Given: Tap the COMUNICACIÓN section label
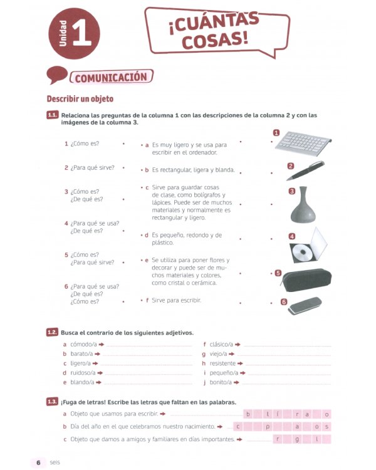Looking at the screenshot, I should coord(112,78).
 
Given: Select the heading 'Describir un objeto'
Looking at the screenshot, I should coord(80,99).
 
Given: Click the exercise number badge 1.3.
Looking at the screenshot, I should coord(53,401).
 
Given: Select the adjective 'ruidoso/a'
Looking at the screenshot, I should coord(78,373).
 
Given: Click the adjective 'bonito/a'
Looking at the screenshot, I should coord(221,382).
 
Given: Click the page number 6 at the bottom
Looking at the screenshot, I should coord(38,462).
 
